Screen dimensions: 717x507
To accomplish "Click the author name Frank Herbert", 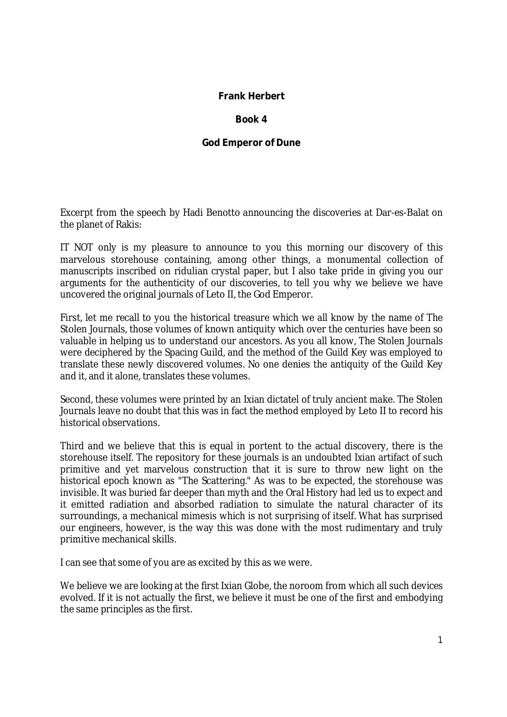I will [251, 96].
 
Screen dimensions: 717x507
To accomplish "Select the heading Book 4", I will [251, 119].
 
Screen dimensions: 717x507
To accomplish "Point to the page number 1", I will [440, 640].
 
